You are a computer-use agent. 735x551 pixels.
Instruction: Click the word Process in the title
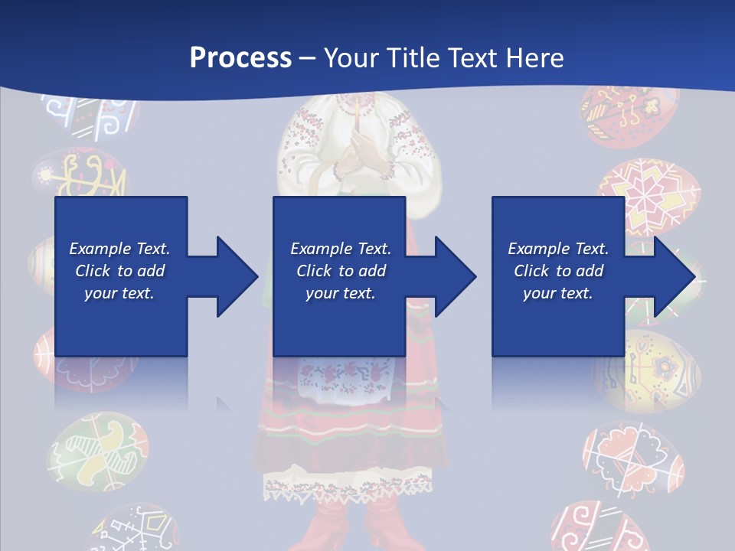240,58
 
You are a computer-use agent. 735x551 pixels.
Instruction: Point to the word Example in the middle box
315,249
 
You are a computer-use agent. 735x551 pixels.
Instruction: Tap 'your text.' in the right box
557,293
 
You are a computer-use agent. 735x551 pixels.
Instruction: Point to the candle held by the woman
357,115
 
